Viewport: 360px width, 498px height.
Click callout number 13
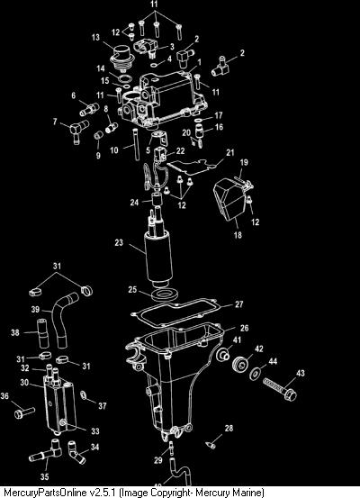[x=95, y=38]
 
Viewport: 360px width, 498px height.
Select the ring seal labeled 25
[x=164, y=294]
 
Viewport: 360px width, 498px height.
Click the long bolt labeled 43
[x=280, y=389]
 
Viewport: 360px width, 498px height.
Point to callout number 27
[x=239, y=304]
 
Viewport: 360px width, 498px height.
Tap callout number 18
[x=238, y=235]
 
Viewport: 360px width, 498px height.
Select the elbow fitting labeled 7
[x=78, y=130]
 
